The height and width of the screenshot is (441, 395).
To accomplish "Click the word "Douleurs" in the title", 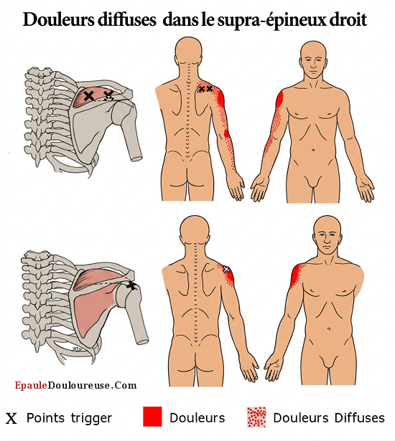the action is [x=58, y=19].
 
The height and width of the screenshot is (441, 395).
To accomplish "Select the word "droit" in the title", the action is [x=346, y=19].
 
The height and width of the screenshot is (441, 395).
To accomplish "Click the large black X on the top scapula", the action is [x=89, y=96].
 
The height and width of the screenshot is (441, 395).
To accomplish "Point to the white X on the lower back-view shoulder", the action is [x=226, y=270].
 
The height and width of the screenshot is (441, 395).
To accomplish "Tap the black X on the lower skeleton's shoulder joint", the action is [x=131, y=286].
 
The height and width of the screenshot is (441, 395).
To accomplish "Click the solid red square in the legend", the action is [x=152, y=416].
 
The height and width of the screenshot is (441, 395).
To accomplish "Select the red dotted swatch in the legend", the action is [x=256, y=417].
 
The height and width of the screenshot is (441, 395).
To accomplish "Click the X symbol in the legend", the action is [x=11, y=419].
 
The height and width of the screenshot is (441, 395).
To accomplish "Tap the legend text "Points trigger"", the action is [x=69, y=418].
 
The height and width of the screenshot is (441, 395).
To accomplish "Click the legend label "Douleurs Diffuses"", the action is [x=328, y=417].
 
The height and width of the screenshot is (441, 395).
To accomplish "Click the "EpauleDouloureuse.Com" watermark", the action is [x=75, y=385].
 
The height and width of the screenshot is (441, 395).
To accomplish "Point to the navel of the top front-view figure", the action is [x=313, y=150].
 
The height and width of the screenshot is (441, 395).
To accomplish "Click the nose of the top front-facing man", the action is [x=313, y=67].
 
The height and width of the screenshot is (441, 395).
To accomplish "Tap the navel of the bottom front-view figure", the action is [x=328, y=329].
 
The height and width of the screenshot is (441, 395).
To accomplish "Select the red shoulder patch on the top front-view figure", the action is [x=279, y=100].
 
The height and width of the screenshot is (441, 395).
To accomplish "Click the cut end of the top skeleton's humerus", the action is [x=136, y=156].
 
